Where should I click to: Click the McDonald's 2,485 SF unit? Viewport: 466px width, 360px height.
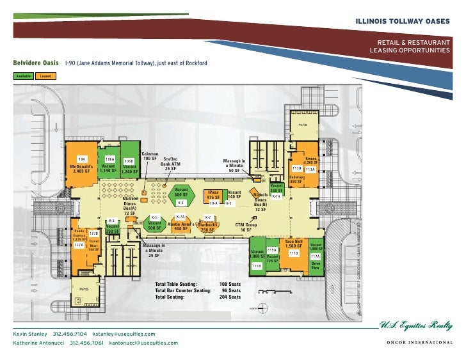(81, 168)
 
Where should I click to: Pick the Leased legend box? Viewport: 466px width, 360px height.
(45, 75)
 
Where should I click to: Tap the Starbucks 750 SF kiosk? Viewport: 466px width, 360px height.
(207, 227)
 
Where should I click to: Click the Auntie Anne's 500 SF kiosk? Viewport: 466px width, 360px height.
(180, 226)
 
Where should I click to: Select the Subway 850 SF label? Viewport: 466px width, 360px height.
(295, 179)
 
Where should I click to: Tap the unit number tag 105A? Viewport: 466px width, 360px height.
(109, 159)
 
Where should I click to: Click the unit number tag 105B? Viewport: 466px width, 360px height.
(129, 161)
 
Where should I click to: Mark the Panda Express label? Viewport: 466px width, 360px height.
(79, 233)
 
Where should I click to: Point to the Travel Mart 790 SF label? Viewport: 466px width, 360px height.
(93, 246)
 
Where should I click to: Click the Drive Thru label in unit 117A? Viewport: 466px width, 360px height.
(316, 265)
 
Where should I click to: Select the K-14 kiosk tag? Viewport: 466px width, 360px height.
(276, 196)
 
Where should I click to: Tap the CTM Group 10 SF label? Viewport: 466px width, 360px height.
(246, 227)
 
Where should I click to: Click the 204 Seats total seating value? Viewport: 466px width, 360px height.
(230, 297)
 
